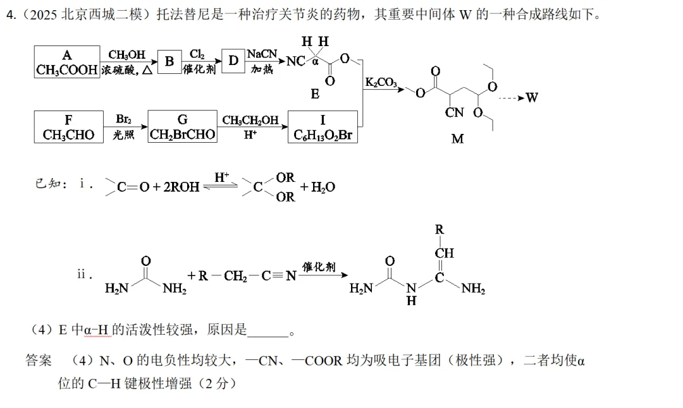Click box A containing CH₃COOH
pos(66,62)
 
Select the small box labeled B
pos(169,62)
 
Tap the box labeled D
pos(233,61)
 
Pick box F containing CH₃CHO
pos(68,127)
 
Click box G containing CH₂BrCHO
pos(183,126)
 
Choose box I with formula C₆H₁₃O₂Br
pos(323,127)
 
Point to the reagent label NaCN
pos(262,54)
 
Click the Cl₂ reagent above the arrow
pos(197,54)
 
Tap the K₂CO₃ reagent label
pos(381,82)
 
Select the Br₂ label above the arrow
pos(124,119)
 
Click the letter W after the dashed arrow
pos(531,97)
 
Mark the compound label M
pos(457,139)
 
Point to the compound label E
pos(315,94)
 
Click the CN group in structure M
pos(454,112)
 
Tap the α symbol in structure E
pos(316,62)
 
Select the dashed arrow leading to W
pos(512,99)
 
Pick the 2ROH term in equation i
pos(182,187)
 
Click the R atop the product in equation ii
pos(439,229)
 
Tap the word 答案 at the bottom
pos(39,360)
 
